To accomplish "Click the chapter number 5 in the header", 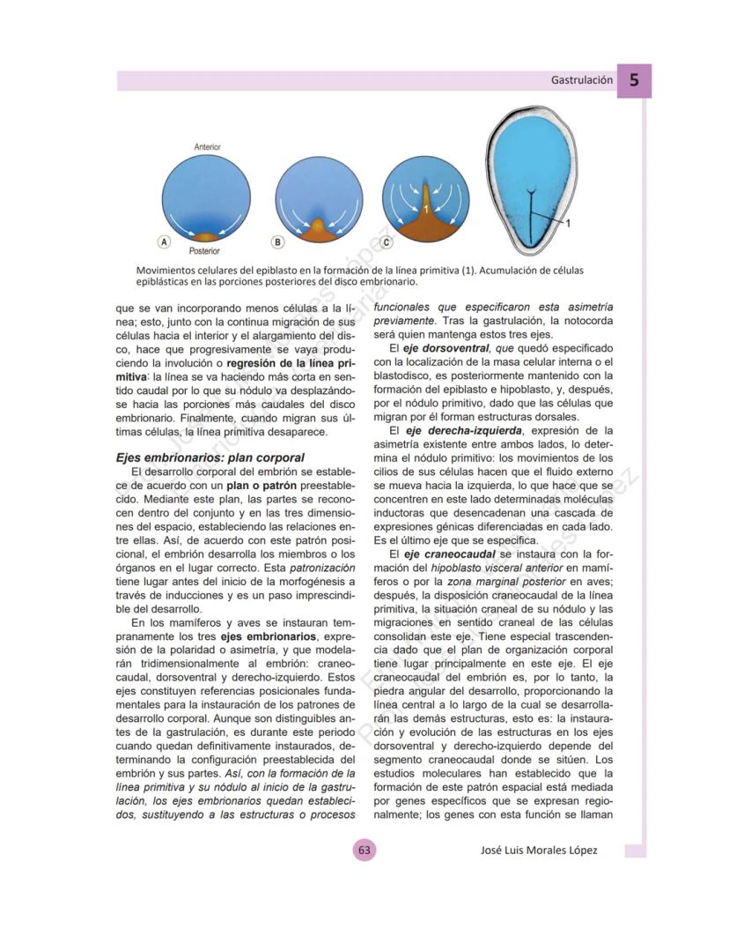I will [x=634, y=79].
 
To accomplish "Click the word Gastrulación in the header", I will [x=582, y=80].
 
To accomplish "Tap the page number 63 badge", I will [x=364, y=851].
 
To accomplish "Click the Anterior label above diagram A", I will [x=208, y=147].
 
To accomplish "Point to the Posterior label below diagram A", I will [x=204, y=251].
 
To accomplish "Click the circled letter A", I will [x=163, y=241].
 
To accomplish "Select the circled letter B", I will [x=277, y=241].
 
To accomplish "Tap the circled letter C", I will [x=386, y=241].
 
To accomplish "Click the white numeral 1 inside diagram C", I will [x=424, y=209].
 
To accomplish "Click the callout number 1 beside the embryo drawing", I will [x=569, y=224].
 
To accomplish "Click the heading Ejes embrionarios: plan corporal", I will [x=210, y=458].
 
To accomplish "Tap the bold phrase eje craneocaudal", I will [x=449, y=554].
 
